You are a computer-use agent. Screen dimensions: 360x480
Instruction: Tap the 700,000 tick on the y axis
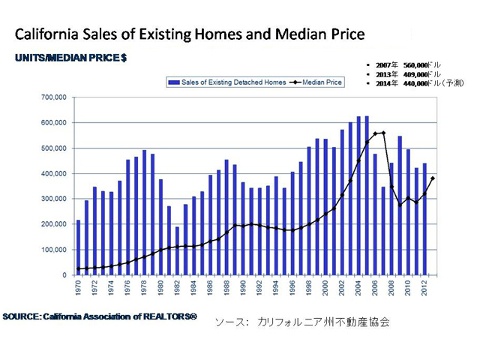coord(53,97)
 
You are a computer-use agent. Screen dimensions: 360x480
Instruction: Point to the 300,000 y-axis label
coord(53,199)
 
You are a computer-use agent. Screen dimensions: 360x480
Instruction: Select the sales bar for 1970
coord(79,247)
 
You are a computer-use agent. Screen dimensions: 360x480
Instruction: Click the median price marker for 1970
coord(79,269)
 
